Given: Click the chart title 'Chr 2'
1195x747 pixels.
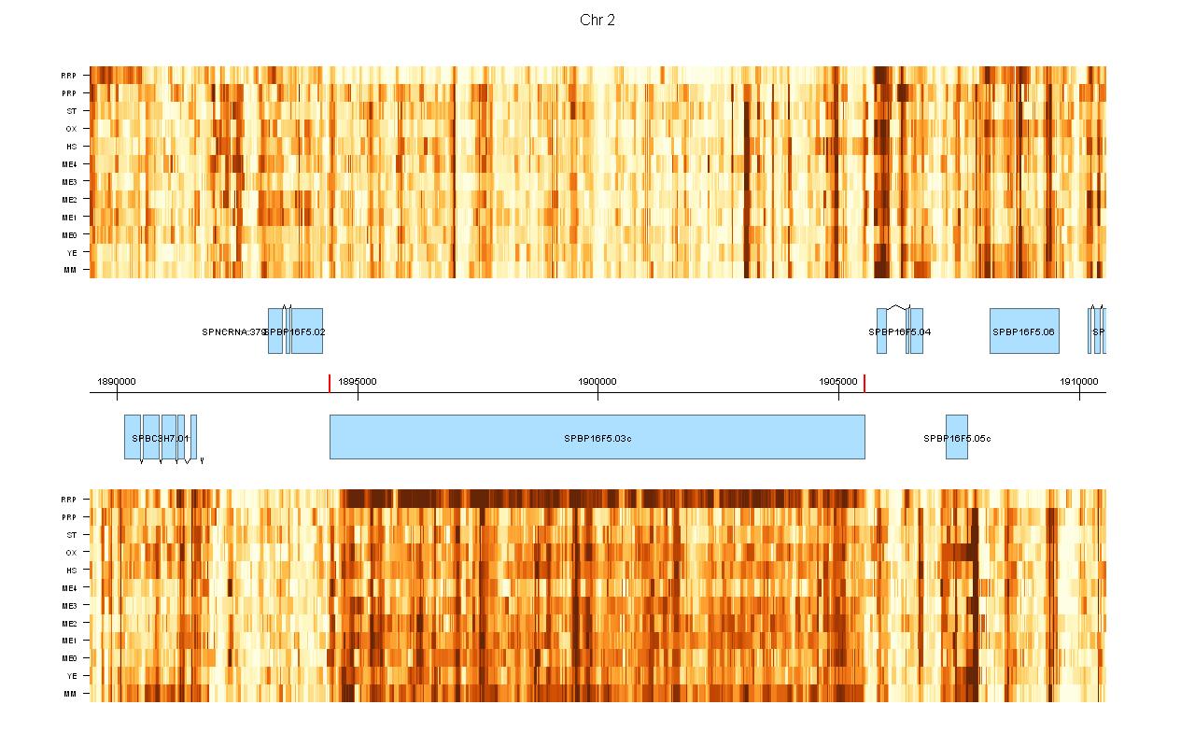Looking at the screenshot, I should pos(597,21).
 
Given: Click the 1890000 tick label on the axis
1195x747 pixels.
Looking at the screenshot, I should pos(117,381).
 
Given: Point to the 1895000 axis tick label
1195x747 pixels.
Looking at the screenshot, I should pos(358,381).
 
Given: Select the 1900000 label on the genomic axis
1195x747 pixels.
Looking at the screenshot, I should pos(597,381).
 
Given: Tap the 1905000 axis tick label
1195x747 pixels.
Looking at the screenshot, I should pos(838,381).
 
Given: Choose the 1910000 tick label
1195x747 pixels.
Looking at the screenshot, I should pos(1078,381).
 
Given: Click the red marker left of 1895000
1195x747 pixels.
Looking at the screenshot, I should pos(330,383).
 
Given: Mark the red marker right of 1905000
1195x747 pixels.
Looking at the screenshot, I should pos(865,383).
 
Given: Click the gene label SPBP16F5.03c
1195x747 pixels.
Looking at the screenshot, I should pos(597,438).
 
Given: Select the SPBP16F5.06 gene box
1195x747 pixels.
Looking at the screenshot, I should pos(1024,331).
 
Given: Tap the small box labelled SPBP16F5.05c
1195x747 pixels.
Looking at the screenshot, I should pos(956,438).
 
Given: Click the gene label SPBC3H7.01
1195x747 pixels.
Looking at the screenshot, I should pos(161,438).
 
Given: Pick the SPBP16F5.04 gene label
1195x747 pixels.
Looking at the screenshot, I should pos(900,331).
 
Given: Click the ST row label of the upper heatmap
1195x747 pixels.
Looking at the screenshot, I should pos(72,111).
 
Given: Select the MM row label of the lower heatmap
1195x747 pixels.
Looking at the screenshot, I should pos(70,694).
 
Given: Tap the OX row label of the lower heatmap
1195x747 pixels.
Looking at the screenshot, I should pos(71,553).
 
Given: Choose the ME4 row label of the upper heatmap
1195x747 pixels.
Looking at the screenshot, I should pos(69,164).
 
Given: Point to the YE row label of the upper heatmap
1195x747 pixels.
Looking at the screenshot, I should pos(71,252).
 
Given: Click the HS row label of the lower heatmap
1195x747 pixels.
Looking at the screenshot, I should pos(71,571).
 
